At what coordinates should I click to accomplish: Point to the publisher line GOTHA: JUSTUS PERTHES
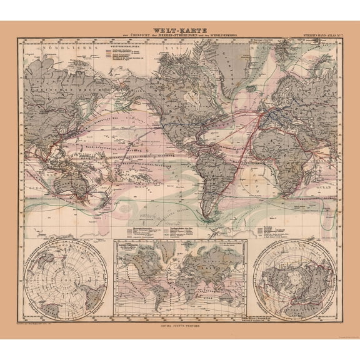[x=180, y=325]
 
